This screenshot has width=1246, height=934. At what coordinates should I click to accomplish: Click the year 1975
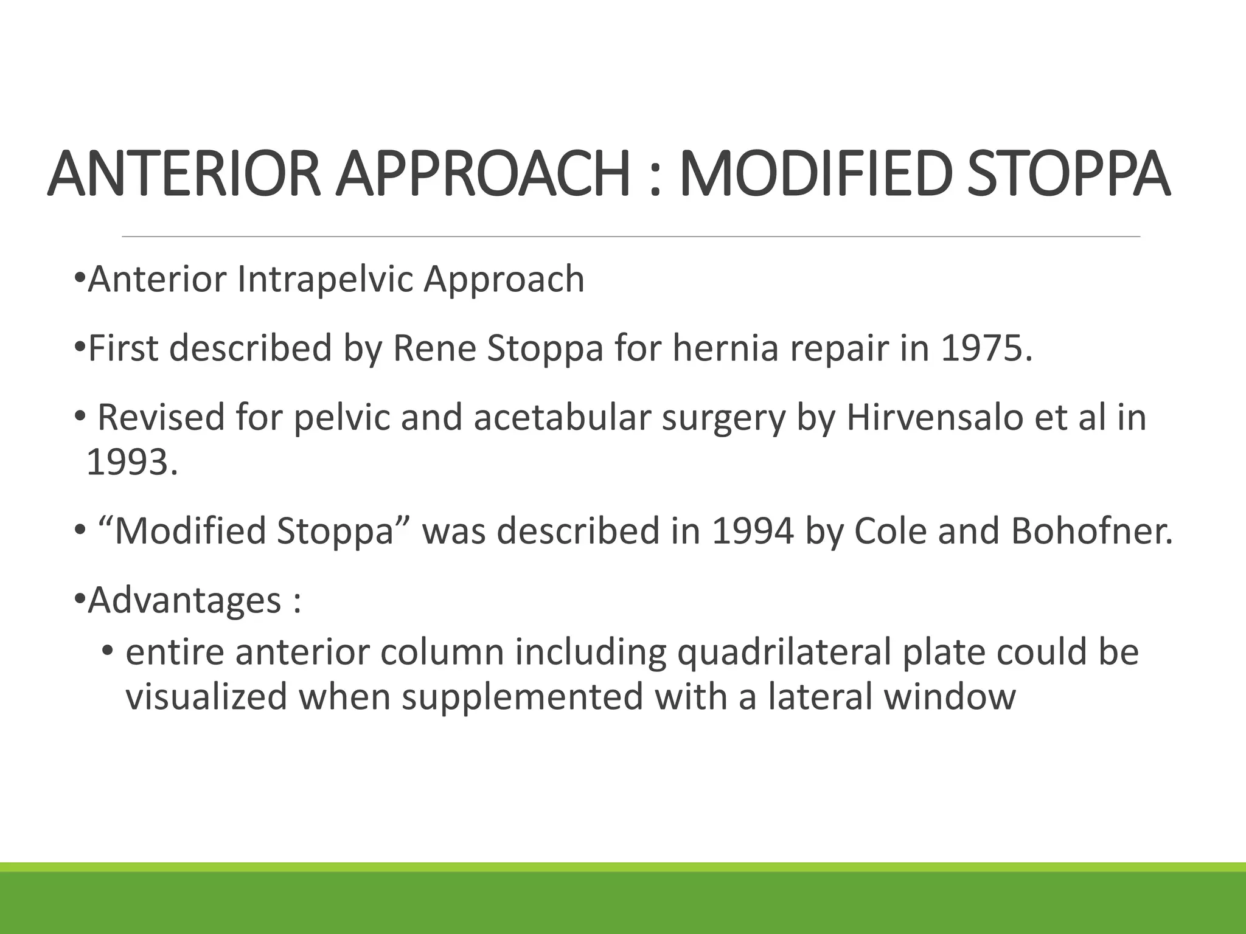(986, 348)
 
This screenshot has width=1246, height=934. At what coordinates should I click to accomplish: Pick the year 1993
(132, 463)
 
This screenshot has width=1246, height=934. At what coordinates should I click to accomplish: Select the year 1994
(753, 531)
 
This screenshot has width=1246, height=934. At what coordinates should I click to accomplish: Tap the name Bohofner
(1091, 531)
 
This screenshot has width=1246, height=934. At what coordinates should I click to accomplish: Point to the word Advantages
(184, 601)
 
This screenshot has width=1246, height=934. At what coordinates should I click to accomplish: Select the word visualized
(206, 697)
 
